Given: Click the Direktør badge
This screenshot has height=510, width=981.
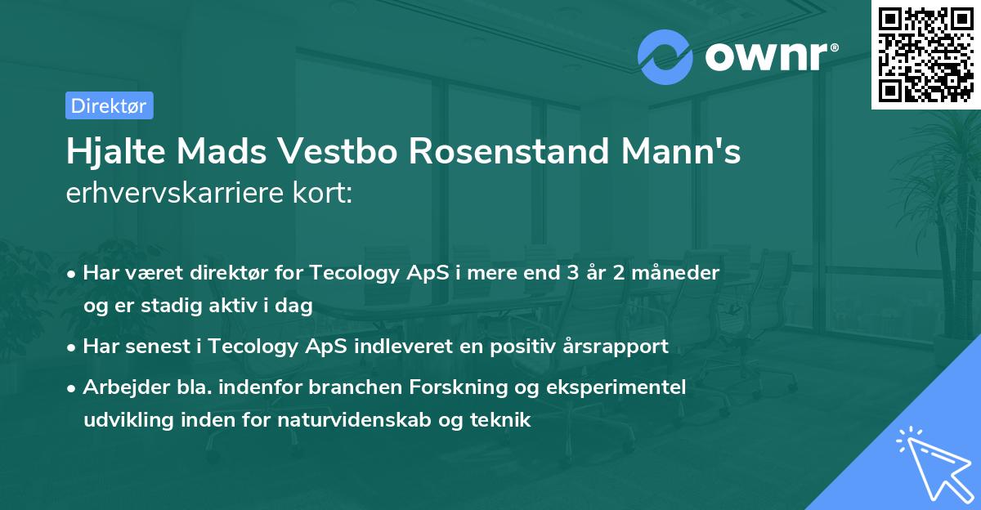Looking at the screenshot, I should [x=109, y=105].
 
